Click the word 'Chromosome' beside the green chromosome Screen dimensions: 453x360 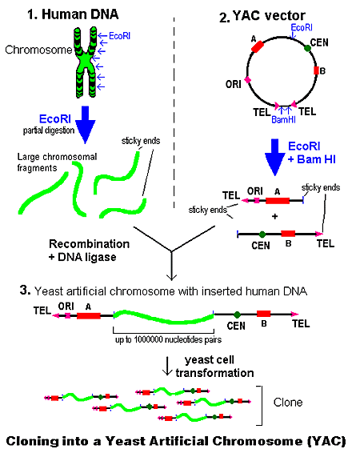(x=32, y=50)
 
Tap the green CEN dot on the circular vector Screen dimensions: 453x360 (x=307, y=48)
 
